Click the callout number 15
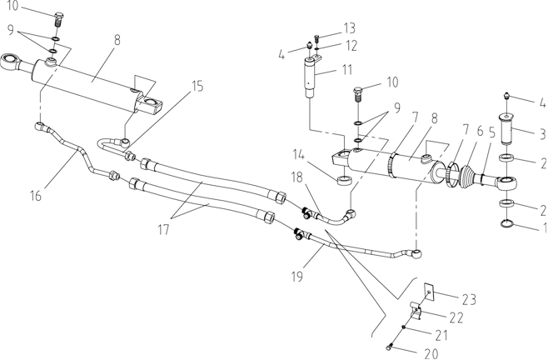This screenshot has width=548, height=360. tap(198, 86)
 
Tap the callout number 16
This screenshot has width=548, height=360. tap(36, 196)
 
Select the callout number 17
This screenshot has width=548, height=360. tap(163, 230)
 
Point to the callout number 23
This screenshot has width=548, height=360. tap(469, 299)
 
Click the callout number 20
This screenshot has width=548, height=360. tap(431, 353)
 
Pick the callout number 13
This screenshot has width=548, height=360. tap(349, 28)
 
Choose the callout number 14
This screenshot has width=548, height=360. tap(298, 154)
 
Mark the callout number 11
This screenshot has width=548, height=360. tap(346, 69)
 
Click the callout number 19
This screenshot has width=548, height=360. tap(297, 276)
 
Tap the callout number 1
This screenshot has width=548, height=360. tap(544, 227)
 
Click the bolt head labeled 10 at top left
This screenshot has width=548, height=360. tap(58, 16)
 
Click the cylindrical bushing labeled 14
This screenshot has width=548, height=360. tap(344, 181)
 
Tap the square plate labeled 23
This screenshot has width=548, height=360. tap(429, 292)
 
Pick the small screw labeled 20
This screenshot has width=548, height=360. tap(390, 347)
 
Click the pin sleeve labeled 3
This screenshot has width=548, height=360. tap(507, 128)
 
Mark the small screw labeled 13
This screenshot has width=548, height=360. tap(317, 37)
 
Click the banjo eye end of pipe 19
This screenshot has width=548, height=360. tap(416, 253)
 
